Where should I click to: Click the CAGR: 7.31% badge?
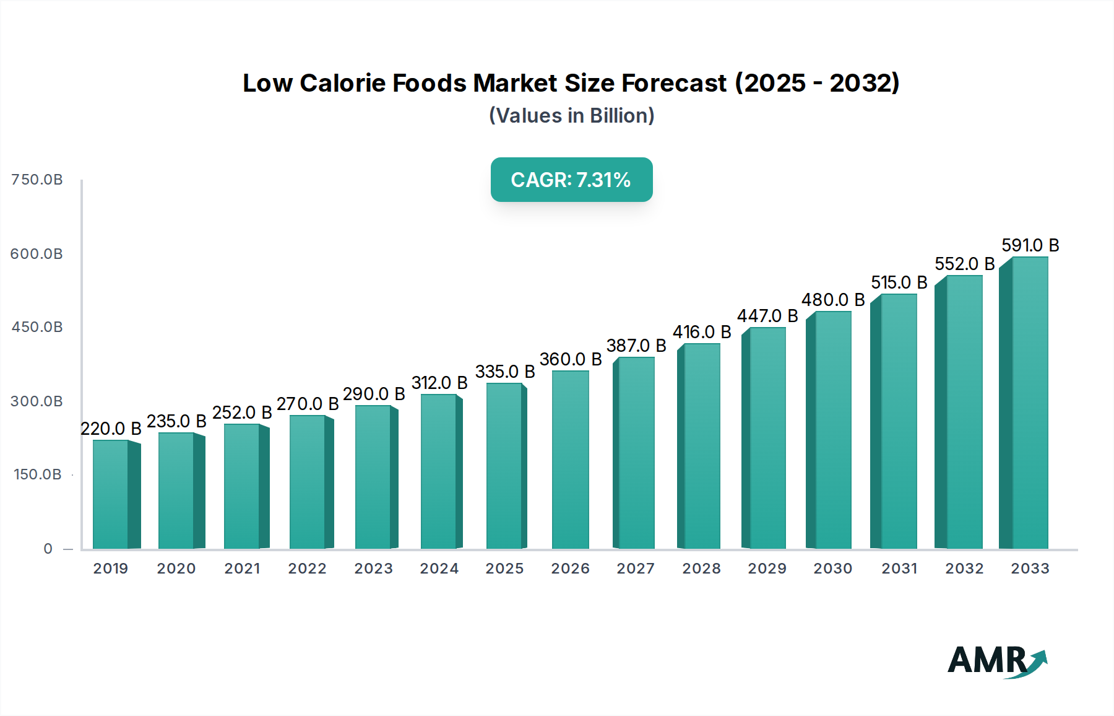(571, 180)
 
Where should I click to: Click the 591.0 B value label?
(1030, 245)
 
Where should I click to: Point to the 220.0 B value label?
(111, 429)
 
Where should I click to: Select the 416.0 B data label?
(702, 332)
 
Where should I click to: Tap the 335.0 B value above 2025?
(504, 372)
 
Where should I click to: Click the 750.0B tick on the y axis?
(37, 180)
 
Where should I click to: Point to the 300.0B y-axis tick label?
(37, 401)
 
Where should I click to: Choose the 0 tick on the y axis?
(48, 549)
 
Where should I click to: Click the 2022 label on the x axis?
(307, 569)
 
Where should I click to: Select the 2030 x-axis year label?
(832, 569)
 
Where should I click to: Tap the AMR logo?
(996, 661)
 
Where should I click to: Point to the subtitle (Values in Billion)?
(571, 116)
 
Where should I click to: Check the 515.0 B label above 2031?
(899, 282)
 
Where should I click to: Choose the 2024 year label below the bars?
(439, 569)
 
